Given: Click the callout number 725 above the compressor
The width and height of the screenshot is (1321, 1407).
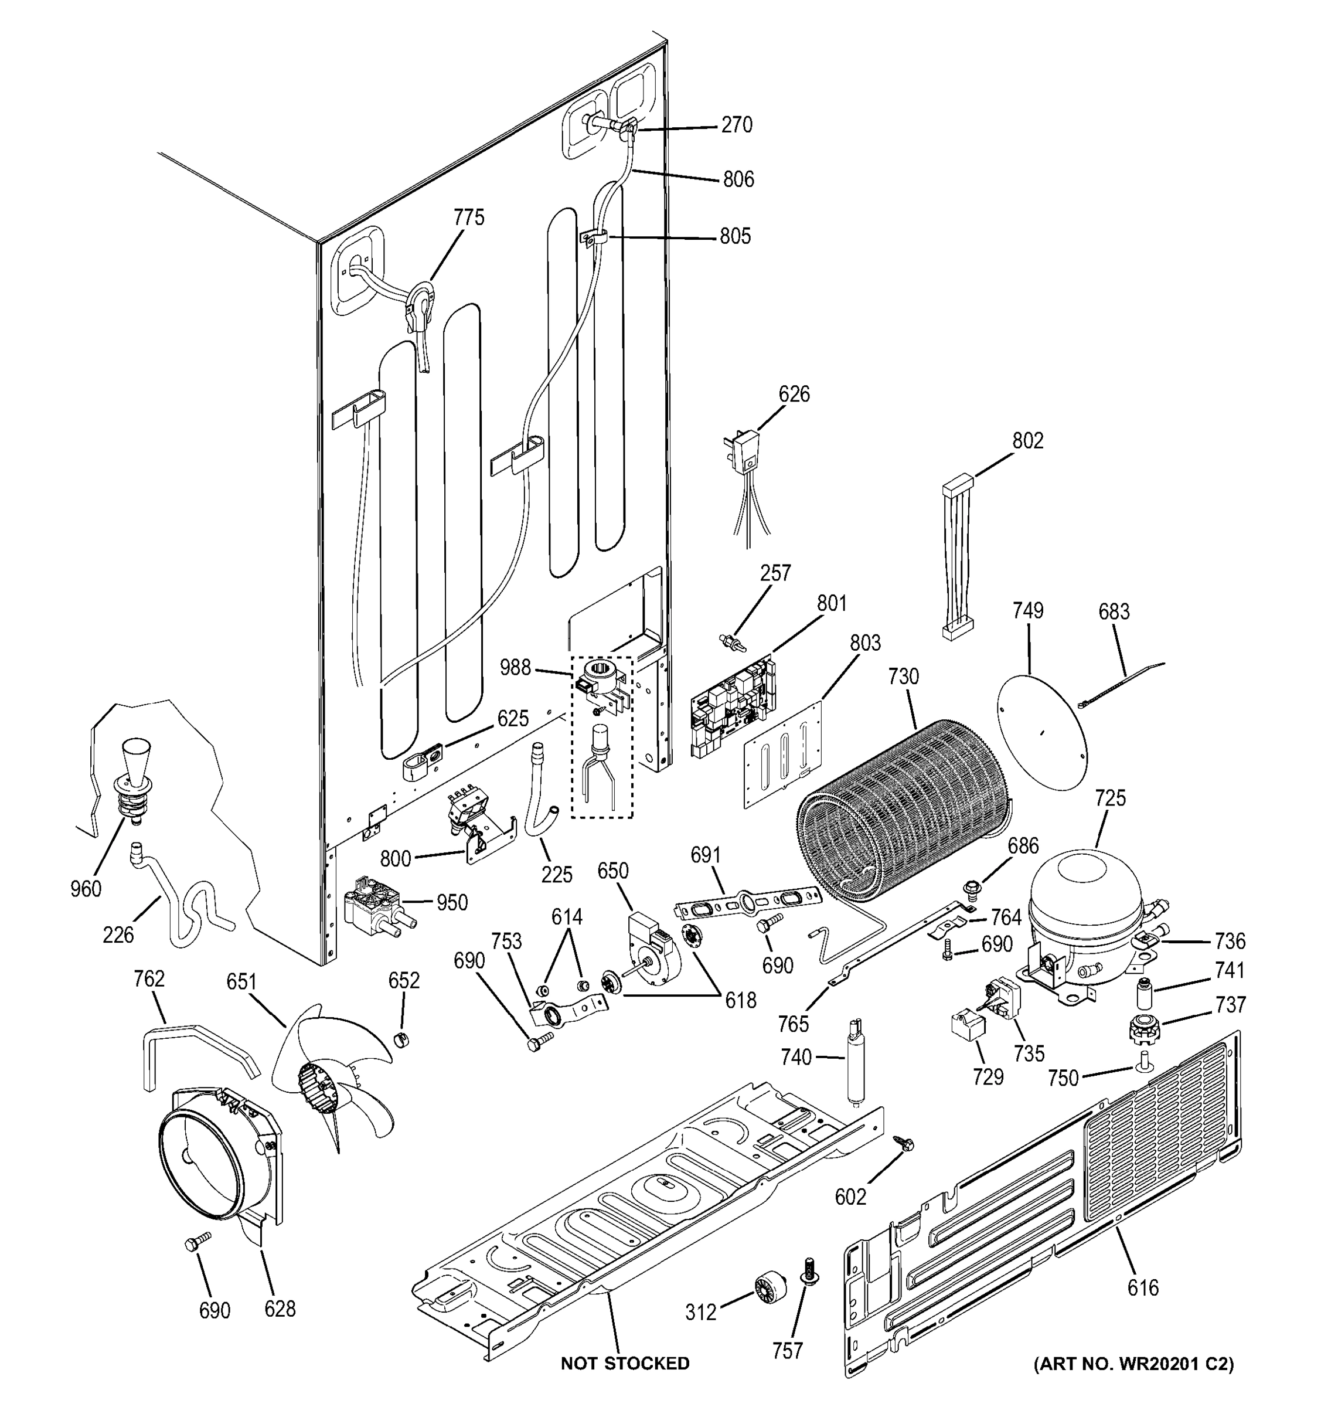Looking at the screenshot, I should (1109, 798).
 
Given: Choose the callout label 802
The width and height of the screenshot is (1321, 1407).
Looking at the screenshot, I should (1027, 440).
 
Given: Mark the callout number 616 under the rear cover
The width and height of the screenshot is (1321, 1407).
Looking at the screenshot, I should (1143, 1287).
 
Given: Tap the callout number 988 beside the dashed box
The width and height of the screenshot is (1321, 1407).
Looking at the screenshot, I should (515, 667).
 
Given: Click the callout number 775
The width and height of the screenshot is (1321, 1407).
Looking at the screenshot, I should (469, 217).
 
